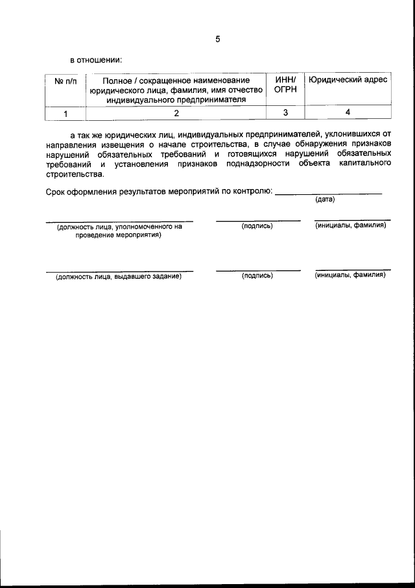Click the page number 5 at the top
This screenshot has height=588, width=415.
(218, 39)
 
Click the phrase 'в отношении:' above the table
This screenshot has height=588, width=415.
(96, 60)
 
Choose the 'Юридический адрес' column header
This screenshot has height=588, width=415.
(348, 80)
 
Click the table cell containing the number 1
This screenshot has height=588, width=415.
(65, 113)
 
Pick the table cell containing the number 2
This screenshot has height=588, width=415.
(176, 113)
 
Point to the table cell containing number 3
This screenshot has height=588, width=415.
(285, 113)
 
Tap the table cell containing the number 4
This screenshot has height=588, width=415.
(348, 113)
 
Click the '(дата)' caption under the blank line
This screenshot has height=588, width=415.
(325, 199)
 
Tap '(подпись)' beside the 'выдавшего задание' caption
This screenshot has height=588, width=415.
(257, 276)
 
